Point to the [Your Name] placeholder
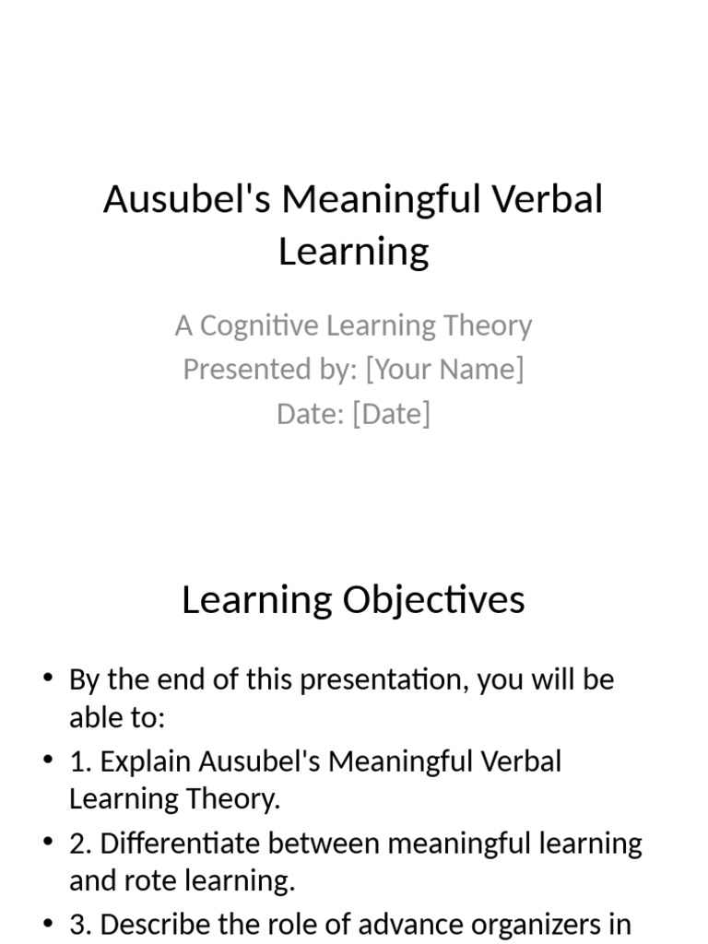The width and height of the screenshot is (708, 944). pyautogui.click(x=444, y=369)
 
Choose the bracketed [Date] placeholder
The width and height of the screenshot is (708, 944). pyautogui.click(x=391, y=413)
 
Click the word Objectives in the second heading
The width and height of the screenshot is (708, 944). pyautogui.click(x=433, y=600)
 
